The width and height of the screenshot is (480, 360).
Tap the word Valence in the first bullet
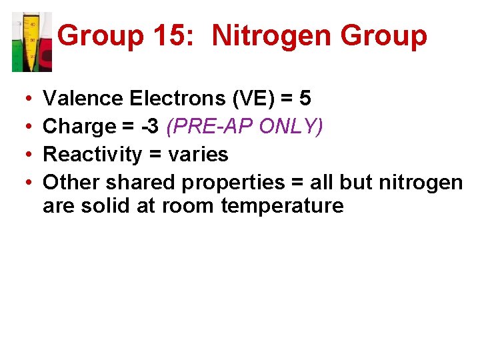(x=83, y=99)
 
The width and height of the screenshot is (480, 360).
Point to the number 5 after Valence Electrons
(x=305, y=99)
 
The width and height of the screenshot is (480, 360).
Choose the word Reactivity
(x=91, y=155)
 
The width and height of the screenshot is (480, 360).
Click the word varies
(x=198, y=155)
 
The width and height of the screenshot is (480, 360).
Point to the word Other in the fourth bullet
(x=71, y=182)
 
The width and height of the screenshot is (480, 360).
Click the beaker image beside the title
(x=32, y=41)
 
